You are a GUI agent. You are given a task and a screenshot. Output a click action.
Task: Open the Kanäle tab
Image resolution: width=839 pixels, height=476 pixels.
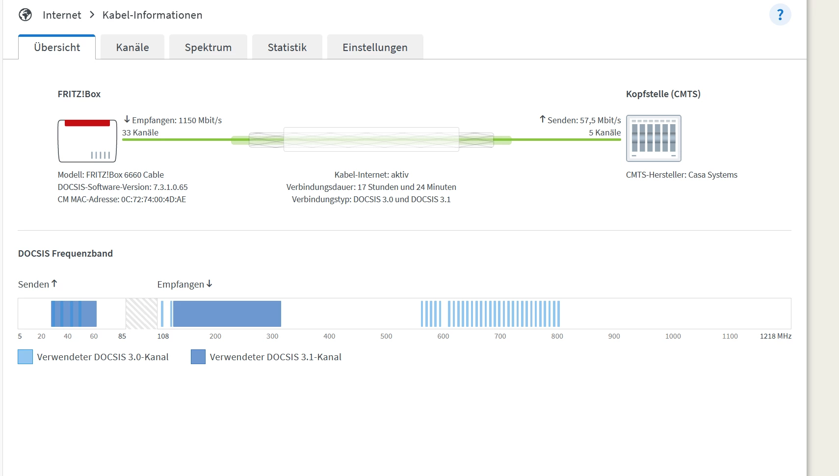[132, 47]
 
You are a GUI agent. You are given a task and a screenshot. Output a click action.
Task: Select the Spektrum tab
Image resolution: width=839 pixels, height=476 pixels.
[208, 47]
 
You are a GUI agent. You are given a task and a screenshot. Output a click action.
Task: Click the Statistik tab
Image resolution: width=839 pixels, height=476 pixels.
[287, 47]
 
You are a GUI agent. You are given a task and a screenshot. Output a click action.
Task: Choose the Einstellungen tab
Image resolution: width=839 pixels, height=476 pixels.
[375, 47]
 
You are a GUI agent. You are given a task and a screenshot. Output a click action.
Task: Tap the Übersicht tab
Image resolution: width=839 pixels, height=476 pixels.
[57, 47]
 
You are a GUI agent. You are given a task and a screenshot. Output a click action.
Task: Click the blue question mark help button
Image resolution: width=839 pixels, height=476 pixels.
[780, 15]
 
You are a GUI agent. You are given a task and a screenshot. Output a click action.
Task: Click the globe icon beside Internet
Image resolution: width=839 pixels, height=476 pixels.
[26, 15]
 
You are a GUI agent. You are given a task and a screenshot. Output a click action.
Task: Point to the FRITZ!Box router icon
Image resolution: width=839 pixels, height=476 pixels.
[87, 141]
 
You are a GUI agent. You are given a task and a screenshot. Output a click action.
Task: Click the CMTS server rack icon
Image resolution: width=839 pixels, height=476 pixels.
[654, 138]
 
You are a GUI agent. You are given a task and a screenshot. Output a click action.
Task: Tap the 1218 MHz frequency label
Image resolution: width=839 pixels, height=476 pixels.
[775, 336]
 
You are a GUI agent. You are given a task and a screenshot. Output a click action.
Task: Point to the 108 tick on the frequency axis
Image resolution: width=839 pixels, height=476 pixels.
[163, 336]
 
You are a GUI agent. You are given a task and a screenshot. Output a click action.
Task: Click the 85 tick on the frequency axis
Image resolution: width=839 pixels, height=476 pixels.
[122, 336]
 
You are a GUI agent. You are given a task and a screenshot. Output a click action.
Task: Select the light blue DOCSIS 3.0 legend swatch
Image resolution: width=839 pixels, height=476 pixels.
[25, 357]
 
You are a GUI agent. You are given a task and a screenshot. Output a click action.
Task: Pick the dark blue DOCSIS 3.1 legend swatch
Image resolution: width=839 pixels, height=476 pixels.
[198, 357]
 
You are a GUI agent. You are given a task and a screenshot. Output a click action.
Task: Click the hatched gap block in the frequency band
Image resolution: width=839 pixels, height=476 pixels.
[141, 314]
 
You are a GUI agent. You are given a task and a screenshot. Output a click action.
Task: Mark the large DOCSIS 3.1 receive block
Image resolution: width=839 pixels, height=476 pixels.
[227, 314]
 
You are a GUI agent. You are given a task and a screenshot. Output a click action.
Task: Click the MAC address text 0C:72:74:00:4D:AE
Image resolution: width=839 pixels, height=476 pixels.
[154, 199]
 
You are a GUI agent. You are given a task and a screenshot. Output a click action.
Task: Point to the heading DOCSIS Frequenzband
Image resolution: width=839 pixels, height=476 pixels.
[65, 253]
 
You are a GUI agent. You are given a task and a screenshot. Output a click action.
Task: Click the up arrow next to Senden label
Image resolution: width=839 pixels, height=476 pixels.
[54, 284]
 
